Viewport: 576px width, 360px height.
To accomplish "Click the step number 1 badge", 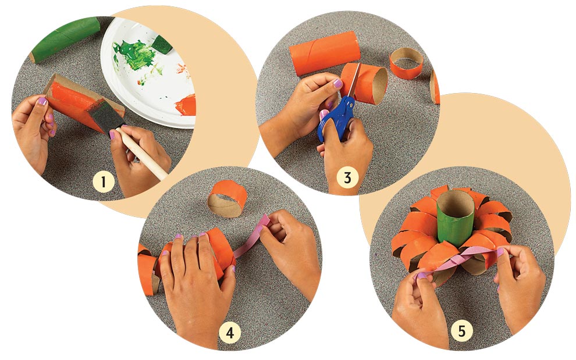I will click(x=104, y=182).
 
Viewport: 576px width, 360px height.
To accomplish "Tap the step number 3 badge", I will click(x=347, y=177).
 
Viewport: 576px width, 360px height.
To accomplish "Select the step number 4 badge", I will click(x=230, y=333).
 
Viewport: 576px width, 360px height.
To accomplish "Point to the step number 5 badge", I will click(x=461, y=332).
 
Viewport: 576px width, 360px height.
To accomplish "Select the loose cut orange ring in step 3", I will click(x=407, y=64).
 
